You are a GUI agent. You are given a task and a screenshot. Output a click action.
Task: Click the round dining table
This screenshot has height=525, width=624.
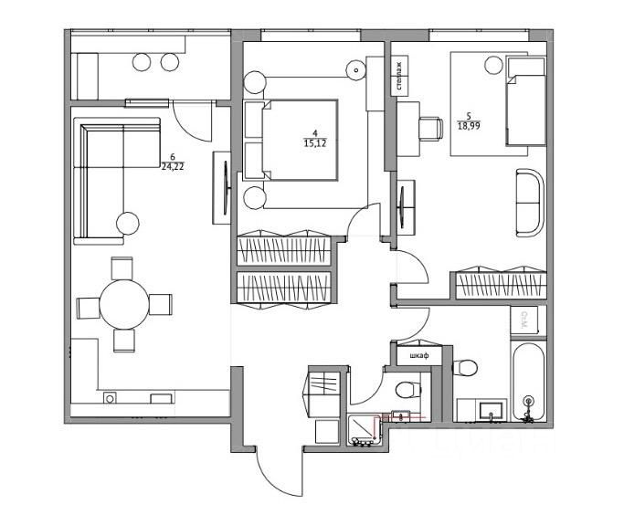pos(124,303)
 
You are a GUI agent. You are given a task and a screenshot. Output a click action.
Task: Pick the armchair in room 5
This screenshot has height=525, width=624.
pos(529,201)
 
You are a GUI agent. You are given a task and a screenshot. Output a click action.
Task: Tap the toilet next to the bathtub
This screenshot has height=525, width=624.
pos(465,369)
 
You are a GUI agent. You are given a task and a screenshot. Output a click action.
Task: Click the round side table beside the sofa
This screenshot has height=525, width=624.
pos(128,222)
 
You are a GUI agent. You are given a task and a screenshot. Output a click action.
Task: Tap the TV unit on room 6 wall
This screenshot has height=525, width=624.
pos(221,187)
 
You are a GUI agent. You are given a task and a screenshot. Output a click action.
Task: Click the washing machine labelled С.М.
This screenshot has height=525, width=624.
pos(525,321)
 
